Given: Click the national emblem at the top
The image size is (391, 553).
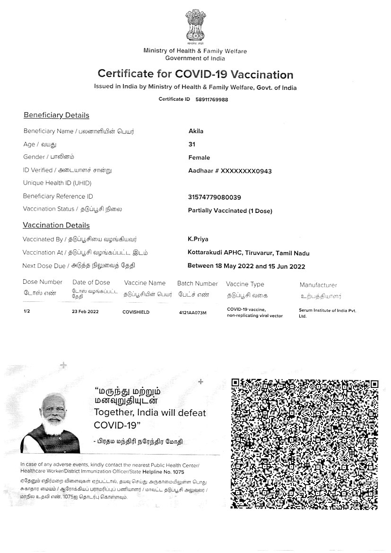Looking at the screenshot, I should click(195, 27).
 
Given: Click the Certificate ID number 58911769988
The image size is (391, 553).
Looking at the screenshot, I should click(212, 99).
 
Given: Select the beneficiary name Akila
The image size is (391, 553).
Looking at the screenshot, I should click(196, 131).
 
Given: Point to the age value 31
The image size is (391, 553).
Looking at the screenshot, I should click(191, 144).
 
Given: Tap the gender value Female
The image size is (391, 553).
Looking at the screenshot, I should click(199, 158).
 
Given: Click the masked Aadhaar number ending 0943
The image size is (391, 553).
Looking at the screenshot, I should click(230, 171).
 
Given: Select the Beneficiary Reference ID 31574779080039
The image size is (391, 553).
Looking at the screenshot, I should click(214, 197).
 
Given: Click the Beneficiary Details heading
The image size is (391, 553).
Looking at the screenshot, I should click(56, 115).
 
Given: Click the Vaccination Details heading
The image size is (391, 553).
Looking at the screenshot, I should click(56, 225).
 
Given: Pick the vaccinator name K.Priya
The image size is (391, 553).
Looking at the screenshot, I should click(198, 239).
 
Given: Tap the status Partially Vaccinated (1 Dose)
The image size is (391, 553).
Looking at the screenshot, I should click(230, 211).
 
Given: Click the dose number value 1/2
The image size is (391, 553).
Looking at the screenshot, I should click(26, 312).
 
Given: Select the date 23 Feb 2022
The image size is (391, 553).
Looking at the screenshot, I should click(85, 312).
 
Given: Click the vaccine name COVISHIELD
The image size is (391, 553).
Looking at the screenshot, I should click(136, 312).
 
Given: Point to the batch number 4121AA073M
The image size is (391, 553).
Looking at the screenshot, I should click(192, 313).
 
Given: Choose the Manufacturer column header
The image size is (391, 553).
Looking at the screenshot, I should click(318, 285).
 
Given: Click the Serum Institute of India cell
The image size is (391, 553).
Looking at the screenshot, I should click(327, 313).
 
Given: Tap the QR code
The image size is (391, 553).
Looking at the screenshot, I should click(304, 444).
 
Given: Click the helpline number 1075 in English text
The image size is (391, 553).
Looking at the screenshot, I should click(178, 472).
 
